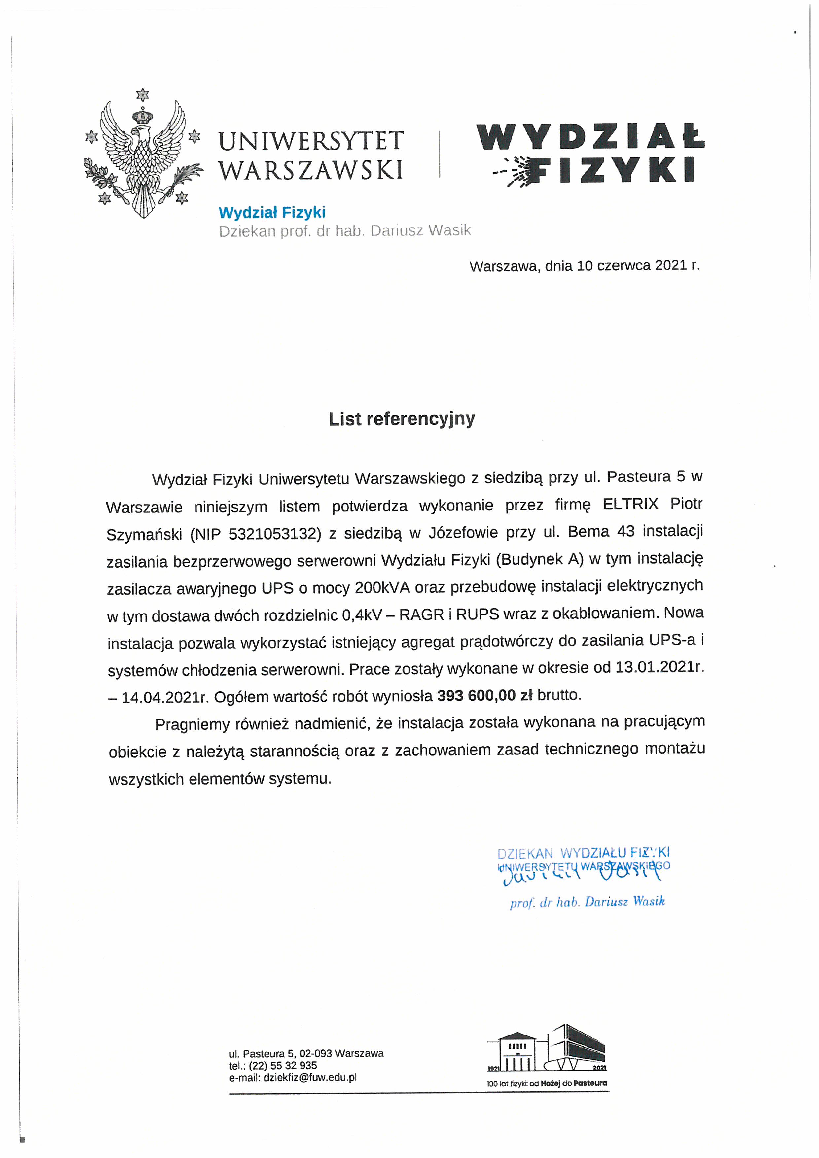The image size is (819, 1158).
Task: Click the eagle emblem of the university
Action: (143, 157)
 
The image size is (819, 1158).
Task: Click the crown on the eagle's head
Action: (143, 117)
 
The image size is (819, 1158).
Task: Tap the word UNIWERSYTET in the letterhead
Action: (311, 141)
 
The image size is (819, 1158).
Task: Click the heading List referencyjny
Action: (402, 419)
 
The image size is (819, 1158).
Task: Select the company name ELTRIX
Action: (630, 504)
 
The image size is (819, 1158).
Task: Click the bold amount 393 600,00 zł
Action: (484, 695)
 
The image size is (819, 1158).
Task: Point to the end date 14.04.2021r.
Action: (165, 697)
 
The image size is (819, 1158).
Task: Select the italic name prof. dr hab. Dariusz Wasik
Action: (587, 901)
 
